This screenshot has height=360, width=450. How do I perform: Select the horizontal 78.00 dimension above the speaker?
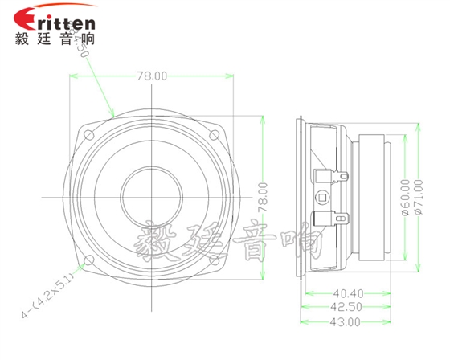[x=151, y=76]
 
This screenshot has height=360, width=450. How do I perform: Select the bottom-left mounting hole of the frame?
[x=89, y=258]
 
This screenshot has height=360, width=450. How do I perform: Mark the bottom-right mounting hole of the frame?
[x=214, y=258]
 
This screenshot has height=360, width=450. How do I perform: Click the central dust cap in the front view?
[x=151, y=197]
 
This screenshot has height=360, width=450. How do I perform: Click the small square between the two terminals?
[x=324, y=197]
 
